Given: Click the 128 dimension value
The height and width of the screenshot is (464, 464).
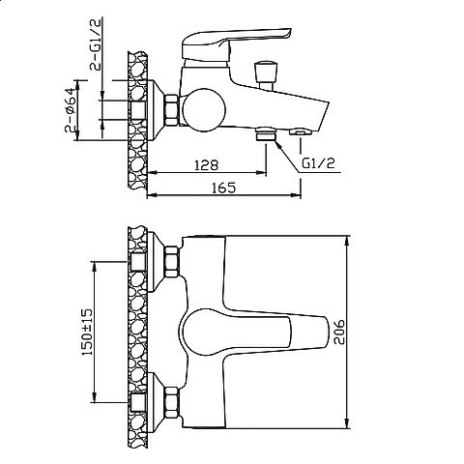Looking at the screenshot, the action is point(207,165).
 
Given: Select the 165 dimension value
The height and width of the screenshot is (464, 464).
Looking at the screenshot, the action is point(223,188).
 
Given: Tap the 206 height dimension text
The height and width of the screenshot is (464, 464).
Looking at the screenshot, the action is point(339,332).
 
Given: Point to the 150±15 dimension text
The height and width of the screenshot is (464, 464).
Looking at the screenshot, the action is point(86,332).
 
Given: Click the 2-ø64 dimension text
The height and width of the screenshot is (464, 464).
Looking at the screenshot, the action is point(71,110).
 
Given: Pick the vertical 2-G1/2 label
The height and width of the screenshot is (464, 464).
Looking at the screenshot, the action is point(96,44).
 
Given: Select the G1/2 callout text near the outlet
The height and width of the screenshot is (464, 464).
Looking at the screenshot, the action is point(318,163).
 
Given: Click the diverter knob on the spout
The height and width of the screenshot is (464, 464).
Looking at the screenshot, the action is point(265,74).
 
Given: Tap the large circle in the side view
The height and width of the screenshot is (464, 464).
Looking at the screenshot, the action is point(204,110).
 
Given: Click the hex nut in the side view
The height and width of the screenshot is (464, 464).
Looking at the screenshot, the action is point(172,110).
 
